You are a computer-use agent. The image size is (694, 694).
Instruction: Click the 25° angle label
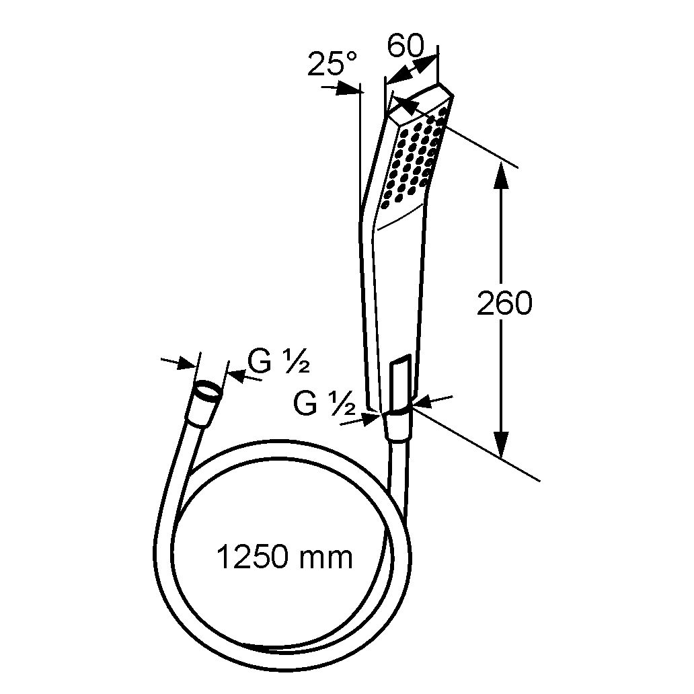point(332,64)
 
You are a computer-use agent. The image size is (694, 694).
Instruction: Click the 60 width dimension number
point(406,45)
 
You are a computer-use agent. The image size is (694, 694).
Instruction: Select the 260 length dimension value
point(504,304)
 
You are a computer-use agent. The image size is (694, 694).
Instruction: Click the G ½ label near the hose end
point(278,362)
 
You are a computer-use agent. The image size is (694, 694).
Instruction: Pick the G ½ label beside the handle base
point(324,403)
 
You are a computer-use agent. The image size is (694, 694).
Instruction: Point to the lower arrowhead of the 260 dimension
point(500,443)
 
